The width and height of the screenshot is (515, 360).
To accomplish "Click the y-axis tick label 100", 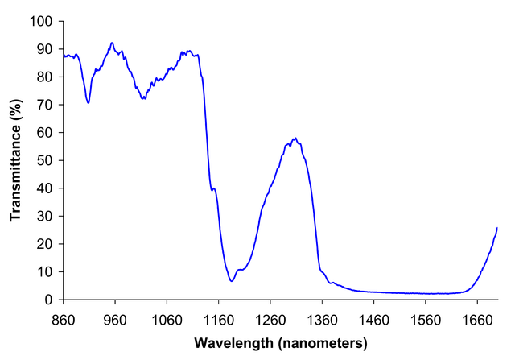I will point(43,21).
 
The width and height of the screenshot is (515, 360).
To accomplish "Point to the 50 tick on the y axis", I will point(46,160).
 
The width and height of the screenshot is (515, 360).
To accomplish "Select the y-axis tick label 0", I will point(49,300).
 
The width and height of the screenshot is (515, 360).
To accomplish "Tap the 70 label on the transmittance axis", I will point(46,105).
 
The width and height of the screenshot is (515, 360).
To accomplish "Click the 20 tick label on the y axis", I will point(46,244).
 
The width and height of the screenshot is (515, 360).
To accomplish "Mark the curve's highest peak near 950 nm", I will point(112,43).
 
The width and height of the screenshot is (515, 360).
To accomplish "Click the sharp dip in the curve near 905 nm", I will point(88,103).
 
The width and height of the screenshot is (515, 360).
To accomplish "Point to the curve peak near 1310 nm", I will point(295,139).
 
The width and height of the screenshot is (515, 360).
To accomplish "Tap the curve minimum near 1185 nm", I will point(231,280).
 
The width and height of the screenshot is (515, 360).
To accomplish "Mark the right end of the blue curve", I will point(497,228).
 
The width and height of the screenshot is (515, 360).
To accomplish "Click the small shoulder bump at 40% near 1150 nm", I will point(213,188).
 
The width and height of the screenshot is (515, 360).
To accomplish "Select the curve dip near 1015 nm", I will point(143,98).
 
